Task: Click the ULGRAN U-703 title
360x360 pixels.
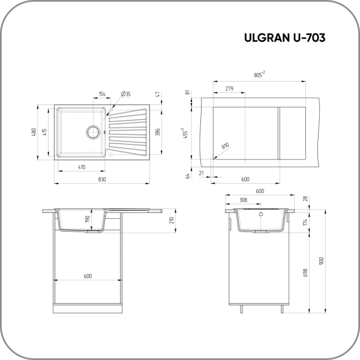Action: [284, 38]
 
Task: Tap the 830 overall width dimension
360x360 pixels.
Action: [102, 179]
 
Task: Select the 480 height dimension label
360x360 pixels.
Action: [34, 132]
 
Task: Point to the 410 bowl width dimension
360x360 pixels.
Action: [82, 167]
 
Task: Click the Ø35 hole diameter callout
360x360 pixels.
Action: [125, 94]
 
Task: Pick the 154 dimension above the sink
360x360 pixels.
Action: [102, 94]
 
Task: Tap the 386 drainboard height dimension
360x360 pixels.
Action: [157, 132]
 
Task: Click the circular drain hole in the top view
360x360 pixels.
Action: [93, 132]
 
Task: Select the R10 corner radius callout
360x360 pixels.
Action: [226, 146]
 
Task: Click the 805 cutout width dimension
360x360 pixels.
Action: [259, 74]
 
